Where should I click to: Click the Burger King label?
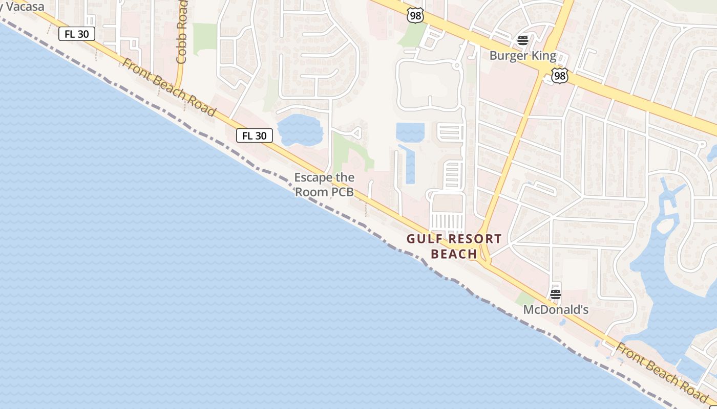click(x=522, y=56)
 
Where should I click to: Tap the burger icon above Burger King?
click(x=522, y=40)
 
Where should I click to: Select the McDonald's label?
click(x=556, y=310)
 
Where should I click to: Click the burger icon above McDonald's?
click(x=556, y=294)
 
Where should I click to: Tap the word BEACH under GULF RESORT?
click(x=454, y=254)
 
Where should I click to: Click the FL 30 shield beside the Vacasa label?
click(x=77, y=34)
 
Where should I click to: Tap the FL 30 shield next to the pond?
click(x=254, y=135)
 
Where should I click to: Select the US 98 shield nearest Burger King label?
click(x=559, y=76)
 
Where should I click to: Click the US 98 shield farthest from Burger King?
click(x=415, y=15)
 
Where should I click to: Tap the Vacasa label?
click(x=23, y=7)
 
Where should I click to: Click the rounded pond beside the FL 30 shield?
click(x=299, y=129)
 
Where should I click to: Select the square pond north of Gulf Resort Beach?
click(x=410, y=132)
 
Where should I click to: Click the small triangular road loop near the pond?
click(x=357, y=133)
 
